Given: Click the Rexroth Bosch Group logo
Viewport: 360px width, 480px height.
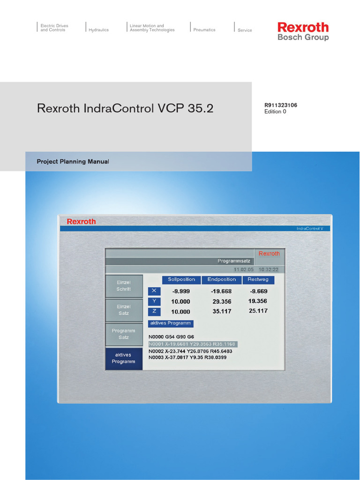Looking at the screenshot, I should tap(303, 31).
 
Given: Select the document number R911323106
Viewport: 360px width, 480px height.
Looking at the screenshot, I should tap(281, 105).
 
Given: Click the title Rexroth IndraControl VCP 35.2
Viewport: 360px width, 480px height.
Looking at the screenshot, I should tap(125, 108).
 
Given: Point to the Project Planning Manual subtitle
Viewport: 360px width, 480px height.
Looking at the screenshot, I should tap(73, 162).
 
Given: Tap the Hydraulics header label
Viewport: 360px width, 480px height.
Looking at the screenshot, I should tap(98, 30).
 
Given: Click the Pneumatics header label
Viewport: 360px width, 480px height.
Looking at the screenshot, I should tap(204, 30).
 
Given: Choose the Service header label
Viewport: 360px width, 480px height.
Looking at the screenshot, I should tap(245, 30).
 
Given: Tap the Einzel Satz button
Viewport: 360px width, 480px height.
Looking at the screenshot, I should tap(124, 310).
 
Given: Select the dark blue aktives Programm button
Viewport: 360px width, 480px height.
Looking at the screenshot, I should tap(124, 359).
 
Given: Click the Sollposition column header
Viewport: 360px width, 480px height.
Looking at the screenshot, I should tap(181, 280).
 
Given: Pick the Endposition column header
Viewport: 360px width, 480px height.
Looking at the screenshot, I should tap(222, 280).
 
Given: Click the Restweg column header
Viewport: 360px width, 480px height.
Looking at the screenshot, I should tap(258, 280).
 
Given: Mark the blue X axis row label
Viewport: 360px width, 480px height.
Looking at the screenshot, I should tap(154, 291).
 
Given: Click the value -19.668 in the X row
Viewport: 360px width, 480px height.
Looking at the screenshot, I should tap(221, 291).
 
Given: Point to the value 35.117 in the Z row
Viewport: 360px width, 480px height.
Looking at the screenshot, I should tap(221, 311).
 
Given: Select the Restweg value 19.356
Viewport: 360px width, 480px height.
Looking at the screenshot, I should tap(258, 301).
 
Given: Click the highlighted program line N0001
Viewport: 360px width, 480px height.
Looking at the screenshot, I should tap(192, 344).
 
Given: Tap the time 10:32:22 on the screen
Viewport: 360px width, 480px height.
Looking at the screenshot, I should tap(269, 270).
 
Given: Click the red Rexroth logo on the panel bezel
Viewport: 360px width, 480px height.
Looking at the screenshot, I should tap(81, 221).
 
